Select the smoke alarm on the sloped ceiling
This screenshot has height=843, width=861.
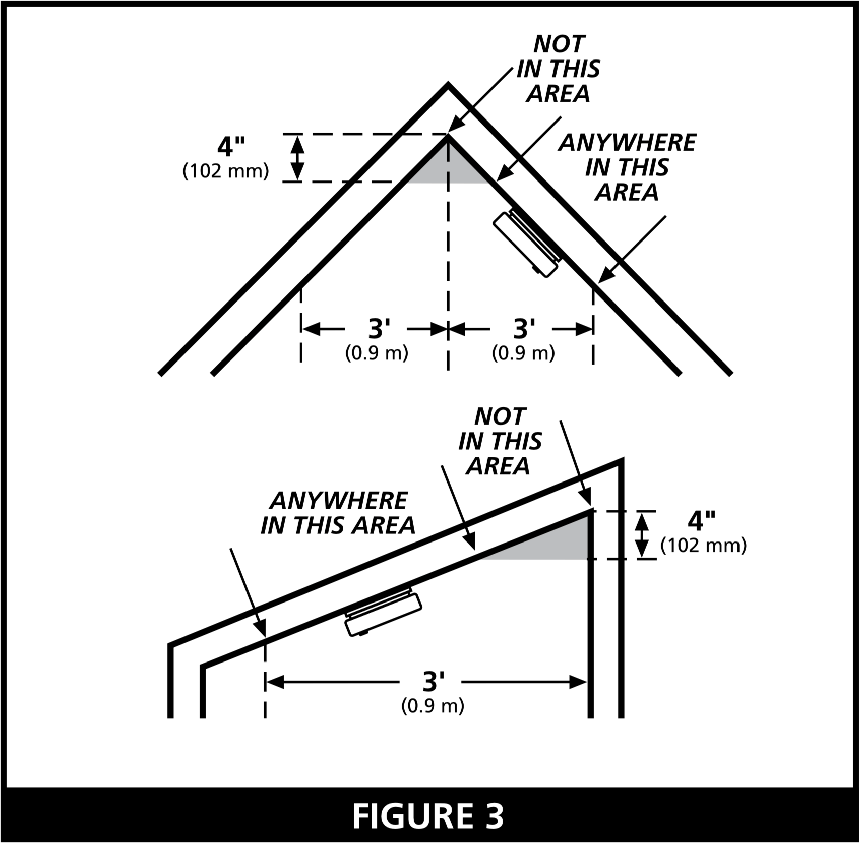(383, 613)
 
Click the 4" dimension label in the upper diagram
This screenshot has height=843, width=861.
(231, 147)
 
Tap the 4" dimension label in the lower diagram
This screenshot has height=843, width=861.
(701, 521)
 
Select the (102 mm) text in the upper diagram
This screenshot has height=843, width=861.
(225, 171)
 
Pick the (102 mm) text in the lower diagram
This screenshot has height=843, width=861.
(703, 546)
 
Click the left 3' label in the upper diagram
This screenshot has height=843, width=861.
(379, 329)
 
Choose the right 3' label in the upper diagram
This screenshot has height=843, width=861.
(524, 329)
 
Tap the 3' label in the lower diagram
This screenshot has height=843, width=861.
(433, 682)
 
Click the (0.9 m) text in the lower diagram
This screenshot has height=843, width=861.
(433, 706)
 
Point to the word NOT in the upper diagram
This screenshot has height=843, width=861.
(559, 44)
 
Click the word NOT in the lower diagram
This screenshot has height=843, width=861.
(500, 416)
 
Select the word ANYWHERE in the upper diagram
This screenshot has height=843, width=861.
(627, 143)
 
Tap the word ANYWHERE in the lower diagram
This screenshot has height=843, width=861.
(338, 501)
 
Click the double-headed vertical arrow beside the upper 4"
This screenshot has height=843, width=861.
(297, 158)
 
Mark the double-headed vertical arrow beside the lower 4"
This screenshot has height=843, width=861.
(641, 535)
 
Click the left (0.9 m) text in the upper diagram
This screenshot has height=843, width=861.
(377, 353)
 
